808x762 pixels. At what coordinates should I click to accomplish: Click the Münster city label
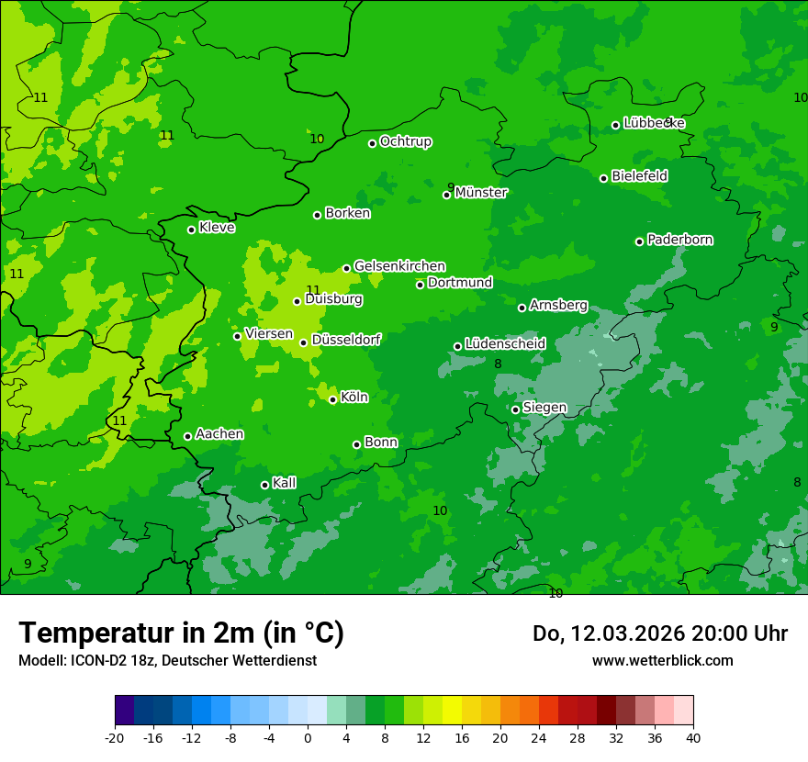pos(481,193)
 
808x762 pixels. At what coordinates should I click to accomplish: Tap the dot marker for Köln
pos(333,399)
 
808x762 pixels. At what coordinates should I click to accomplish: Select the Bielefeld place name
pos(639,176)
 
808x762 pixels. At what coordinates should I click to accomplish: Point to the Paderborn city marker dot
pos(640,241)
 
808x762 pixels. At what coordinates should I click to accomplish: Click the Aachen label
pos(219,434)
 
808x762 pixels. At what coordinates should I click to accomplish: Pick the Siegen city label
pos(544,408)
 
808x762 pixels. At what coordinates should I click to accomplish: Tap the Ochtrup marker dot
pos(373,143)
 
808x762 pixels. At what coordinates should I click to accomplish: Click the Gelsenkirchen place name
pos(399,266)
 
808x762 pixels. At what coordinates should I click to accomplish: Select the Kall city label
pos(284,483)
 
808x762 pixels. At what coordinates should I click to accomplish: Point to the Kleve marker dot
pos(192,230)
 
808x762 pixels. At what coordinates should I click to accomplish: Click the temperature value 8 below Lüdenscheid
pos(498,364)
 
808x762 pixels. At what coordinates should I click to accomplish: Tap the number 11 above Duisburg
pos(313,290)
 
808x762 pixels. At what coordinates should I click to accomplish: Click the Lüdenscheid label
pos(505,344)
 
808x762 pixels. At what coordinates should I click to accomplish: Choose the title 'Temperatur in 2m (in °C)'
pos(181,633)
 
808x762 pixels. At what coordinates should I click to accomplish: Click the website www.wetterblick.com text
pos(662,660)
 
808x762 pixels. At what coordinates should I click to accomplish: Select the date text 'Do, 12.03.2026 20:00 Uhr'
pos(659,633)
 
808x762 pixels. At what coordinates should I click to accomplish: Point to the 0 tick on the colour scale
pos(308,737)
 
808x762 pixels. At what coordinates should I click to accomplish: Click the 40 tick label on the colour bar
pos(693,737)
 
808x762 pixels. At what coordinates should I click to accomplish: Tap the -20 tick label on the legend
pos(115,737)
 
